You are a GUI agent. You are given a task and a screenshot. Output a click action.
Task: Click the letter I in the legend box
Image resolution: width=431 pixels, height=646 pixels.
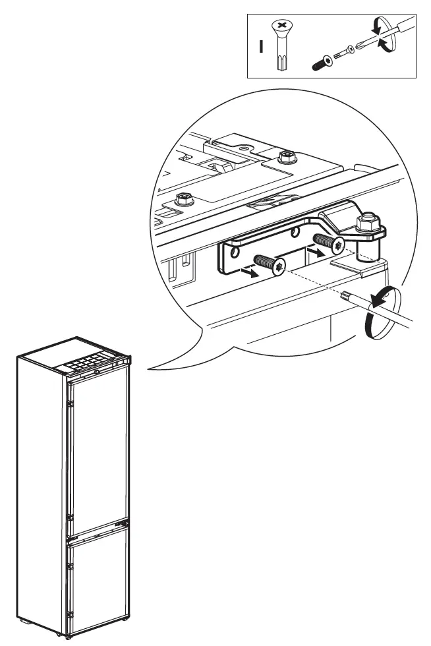coord(261,47)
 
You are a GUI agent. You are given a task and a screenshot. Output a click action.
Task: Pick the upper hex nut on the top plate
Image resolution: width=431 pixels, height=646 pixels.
coord(286,157)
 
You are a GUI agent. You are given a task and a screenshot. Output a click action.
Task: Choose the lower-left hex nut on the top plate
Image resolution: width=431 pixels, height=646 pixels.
coord(183,198)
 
